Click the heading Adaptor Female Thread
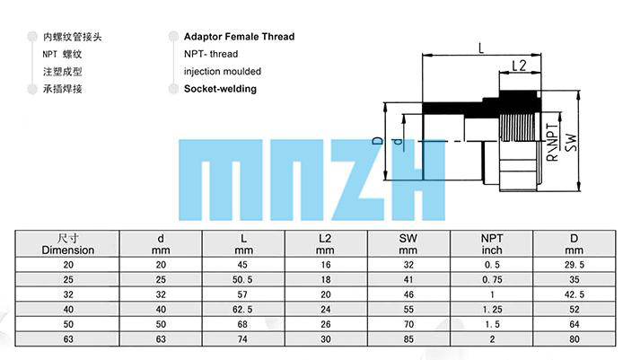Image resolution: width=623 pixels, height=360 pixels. tap(239, 37)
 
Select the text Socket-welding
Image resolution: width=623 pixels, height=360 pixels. tap(220, 89)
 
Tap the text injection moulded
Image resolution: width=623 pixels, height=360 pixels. tap(223, 72)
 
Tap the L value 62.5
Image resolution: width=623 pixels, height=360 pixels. tap(243, 309)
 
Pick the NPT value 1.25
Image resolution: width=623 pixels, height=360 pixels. tap(492, 309)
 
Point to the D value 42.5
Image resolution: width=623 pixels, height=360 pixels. tap(574, 294)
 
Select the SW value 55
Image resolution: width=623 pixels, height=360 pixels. tap(410, 309)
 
